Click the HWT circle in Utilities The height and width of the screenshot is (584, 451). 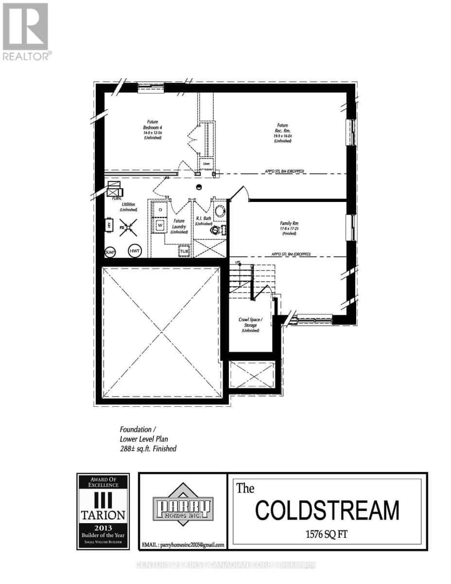coord(135,251)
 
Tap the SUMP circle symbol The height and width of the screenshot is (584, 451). coord(110,252)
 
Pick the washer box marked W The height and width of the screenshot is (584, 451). coord(160,226)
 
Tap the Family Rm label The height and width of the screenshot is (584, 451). coord(289,228)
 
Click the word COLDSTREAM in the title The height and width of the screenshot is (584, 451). coord(327,511)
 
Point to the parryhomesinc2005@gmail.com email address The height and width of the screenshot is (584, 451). coord(182,545)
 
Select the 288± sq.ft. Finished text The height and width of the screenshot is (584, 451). coord(148,449)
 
